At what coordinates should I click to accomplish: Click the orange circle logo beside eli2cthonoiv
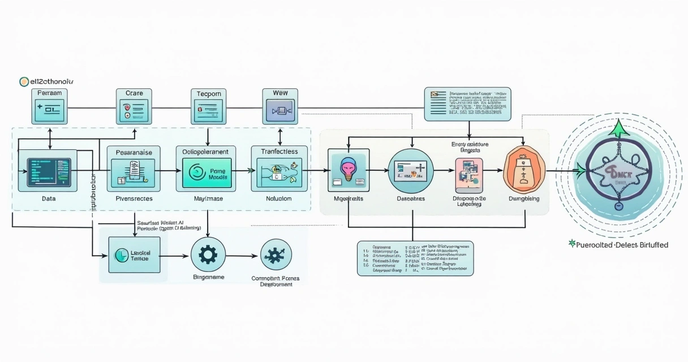click(24, 81)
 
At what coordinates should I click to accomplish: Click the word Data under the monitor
click(49, 199)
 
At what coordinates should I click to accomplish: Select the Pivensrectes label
click(134, 199)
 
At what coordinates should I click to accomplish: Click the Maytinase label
click(209, 199)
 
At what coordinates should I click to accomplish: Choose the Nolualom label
click(278, 199)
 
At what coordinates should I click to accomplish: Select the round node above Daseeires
click(411, 170)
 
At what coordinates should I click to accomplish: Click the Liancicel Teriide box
click(134, 255)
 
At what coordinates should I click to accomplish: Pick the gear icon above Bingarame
click(208, 255)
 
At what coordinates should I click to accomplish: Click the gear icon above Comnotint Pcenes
click(276, 256)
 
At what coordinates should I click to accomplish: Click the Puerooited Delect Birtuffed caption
click(618, 245)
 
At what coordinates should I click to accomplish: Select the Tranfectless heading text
click(279, 152)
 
